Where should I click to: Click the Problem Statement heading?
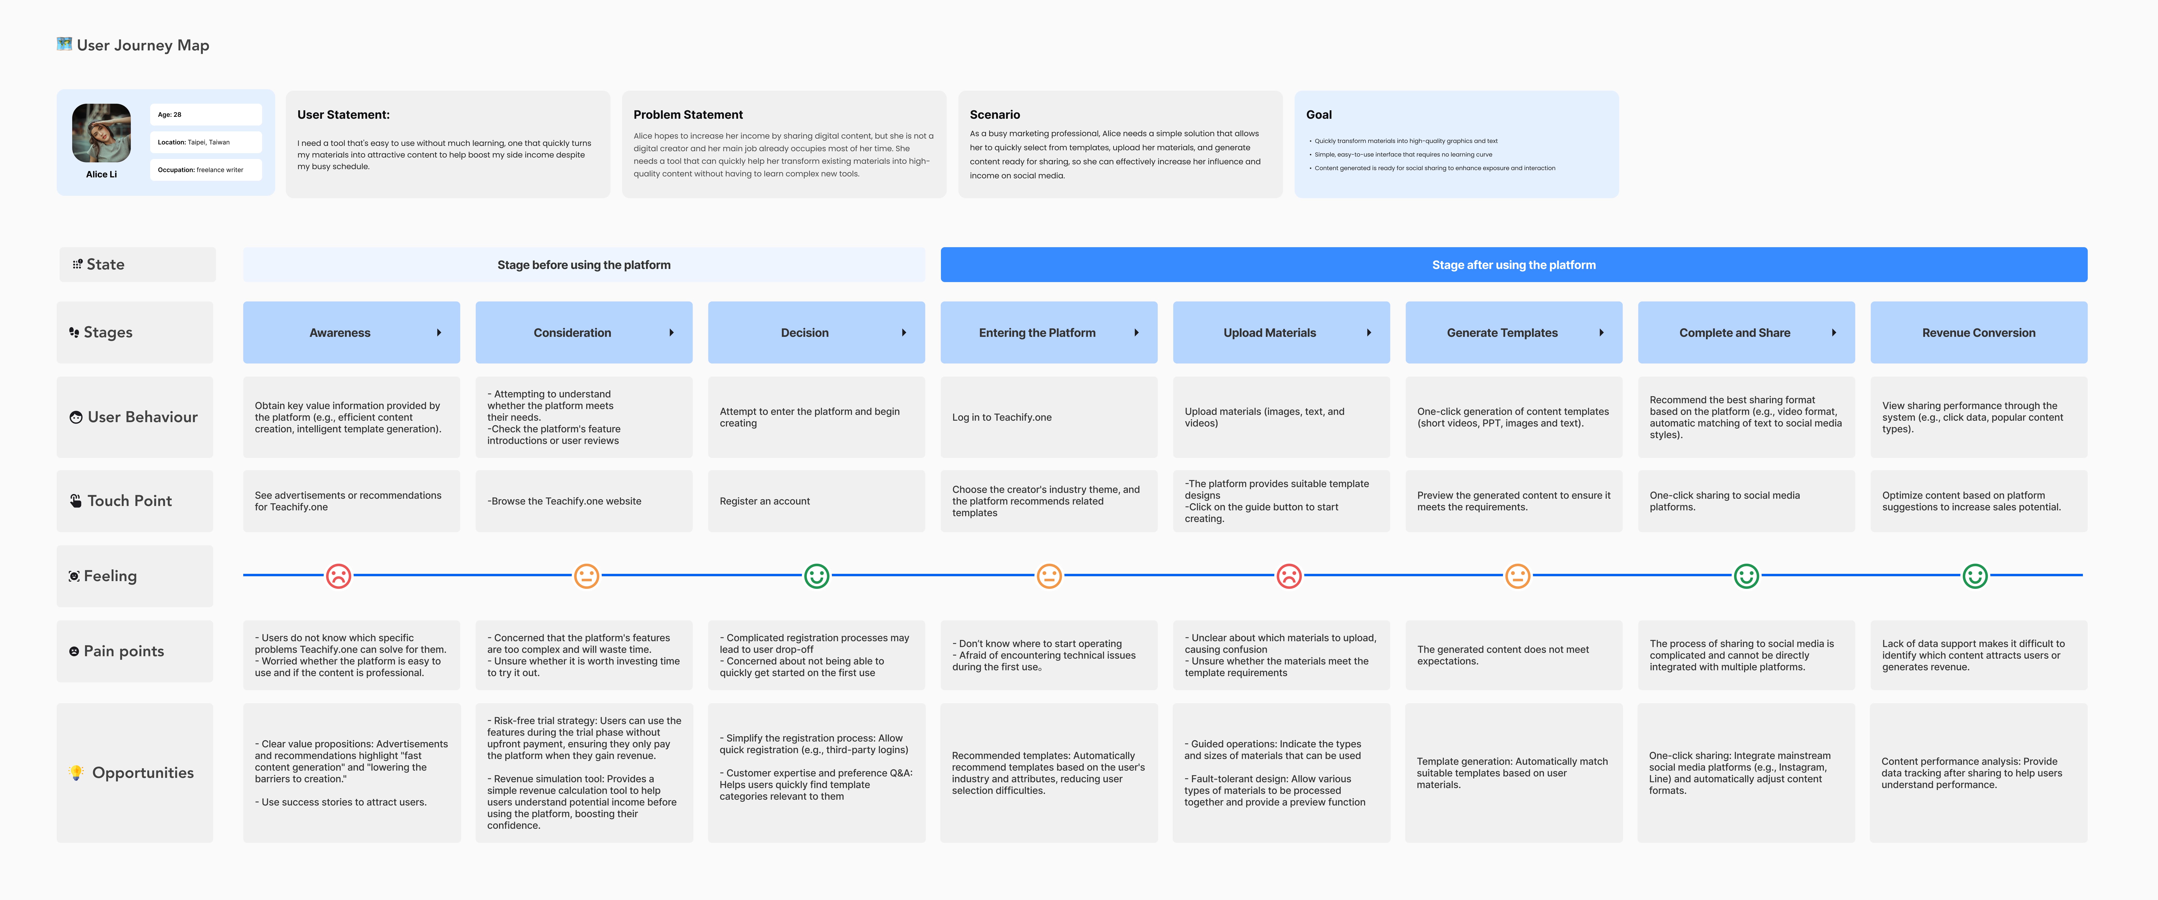(x=688, y=115)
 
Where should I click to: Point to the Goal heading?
(x=1319, y=115)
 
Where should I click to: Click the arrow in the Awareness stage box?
(x=439, y=333)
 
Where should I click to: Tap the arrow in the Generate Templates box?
(x=1602, y=333)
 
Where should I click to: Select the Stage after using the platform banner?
(x=1514, y=265)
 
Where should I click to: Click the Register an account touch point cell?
(x=817, y=501)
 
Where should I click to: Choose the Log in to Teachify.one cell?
(x=1049, y=417)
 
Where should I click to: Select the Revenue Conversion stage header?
(x=1979, y=333)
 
